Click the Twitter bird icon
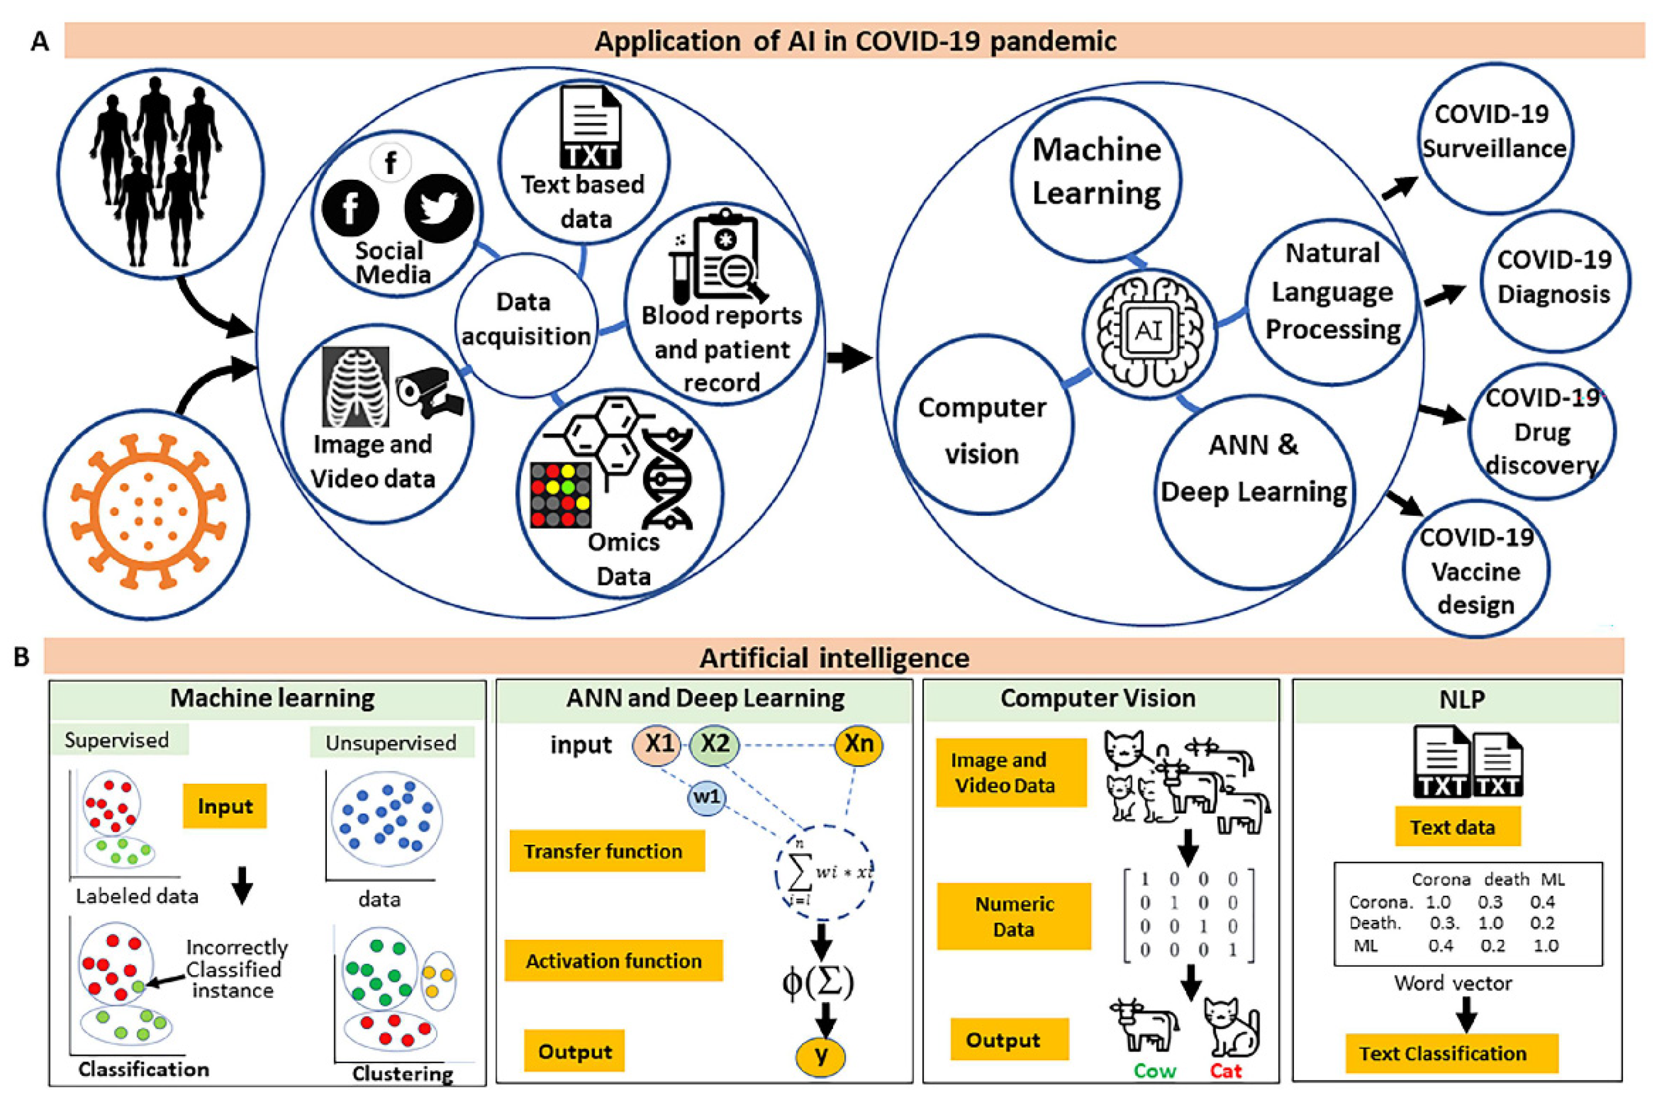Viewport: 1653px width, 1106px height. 439,208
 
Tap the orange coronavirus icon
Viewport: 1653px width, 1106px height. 148,511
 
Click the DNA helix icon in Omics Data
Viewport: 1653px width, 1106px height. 667,479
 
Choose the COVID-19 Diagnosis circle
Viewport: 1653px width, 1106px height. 1554,281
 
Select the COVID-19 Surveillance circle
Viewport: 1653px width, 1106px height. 1495,138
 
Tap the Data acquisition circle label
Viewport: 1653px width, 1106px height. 525,319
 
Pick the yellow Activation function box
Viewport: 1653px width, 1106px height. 614,960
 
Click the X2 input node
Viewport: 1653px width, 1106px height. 714,744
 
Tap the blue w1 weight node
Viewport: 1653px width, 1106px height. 706,797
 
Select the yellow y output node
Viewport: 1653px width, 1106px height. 821,1056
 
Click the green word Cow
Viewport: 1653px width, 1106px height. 1155,1071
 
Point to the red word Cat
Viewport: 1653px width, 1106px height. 1225,1071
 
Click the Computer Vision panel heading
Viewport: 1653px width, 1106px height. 1098,698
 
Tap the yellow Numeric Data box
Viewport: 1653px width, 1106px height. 1014,916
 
